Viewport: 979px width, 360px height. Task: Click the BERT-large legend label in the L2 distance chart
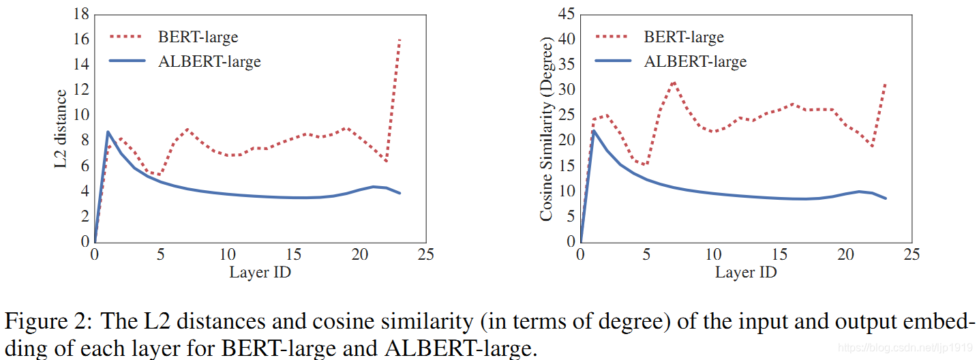pos(198,37)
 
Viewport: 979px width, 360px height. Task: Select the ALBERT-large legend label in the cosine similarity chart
pos(695,61)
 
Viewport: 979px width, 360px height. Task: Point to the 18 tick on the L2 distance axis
pos(81,14)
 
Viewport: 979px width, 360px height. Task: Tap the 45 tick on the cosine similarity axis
pos(567,14)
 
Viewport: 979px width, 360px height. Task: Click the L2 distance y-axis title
pos(61,128)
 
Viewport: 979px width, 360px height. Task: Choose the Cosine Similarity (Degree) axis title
pos(546,129)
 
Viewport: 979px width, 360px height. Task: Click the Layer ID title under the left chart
pos(260,272)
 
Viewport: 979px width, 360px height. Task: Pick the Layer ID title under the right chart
pos(746,272)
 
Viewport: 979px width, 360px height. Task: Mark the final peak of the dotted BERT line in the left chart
pos(400,40)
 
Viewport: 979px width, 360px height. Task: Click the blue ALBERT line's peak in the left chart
pos(108,132)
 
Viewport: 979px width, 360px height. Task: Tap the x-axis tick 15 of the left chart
pos(294,254)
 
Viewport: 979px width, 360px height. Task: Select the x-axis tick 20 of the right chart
pos(845,254)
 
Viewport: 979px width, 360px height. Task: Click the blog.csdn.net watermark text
pos(905,348)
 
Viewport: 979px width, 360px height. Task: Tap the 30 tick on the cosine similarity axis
pos(567,89)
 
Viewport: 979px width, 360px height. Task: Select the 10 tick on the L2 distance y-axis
pos(81,115)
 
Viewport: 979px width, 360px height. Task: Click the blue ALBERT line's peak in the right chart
pos(593,131)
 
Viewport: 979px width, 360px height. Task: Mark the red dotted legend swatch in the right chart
pos(612,37)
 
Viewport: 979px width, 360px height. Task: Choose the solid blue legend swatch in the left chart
pos(127,61)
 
